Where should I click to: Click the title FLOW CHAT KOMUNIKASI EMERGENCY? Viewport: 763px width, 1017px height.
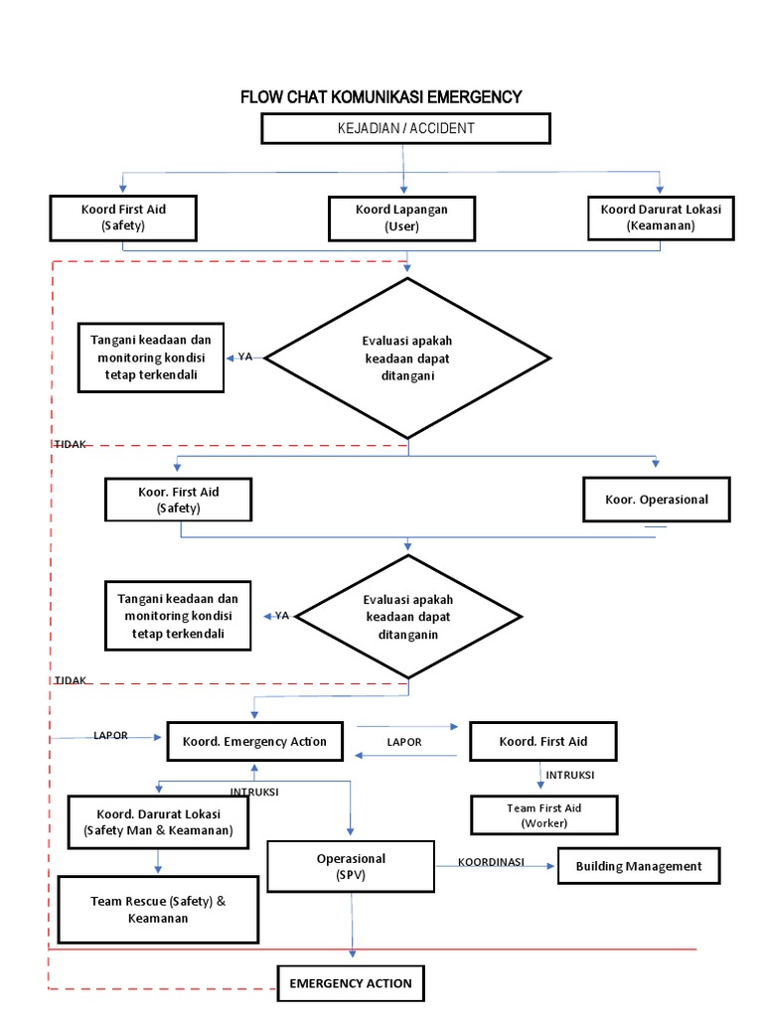pyautogui.click(x=381, y=96)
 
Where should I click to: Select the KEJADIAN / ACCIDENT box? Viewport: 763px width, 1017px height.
pyautogui.click(x=404, y=128)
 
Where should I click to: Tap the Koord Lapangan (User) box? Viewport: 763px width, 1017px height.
pyautogui.click(x=401, y=218)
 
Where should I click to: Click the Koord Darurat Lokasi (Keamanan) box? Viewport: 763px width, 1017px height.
pyautogui.click(x=661, y=217)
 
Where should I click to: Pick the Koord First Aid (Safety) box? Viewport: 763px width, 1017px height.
pyautogui.click(x=123, y=218)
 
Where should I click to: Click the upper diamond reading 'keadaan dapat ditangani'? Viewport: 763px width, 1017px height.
pyautogui.click(x=407, y=358)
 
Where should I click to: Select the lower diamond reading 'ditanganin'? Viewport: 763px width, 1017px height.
pyautogui.click(x=407, y=616)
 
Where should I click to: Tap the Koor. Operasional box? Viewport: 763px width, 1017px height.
pyautogui.click(x=657, y=500)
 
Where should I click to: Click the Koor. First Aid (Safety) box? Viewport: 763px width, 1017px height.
pyautogui.click(x=178, y=500)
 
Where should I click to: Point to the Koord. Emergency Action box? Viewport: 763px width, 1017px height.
pyautogui.click(x=254, y=742)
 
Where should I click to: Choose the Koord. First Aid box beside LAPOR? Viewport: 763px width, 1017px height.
pyautogui.click(x=542, y=742)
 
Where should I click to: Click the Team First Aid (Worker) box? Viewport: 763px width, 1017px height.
pyautogui.click(x=543, y=815)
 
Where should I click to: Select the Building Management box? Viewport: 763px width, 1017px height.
pyautogui.click(x=638, y=866)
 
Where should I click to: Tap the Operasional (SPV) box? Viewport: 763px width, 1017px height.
pyautogui.click(x=351, y=865)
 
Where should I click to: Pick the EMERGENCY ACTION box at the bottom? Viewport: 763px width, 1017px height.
pyautogui.click(x=350, y=983)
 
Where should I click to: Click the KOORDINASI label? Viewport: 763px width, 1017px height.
pyautogui.click(x=491, y=862)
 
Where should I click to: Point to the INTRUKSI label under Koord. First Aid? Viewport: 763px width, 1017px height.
pyautogui.click(x=569, y=775)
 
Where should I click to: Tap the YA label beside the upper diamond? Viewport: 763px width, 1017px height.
pyautogui.click(x=245, y=357)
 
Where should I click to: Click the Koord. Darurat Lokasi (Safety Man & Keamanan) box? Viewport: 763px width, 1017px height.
pyautogui.click(x=158, y=821)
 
